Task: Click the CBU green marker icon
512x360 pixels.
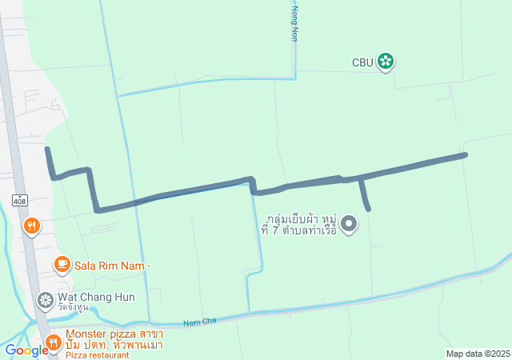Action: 386,62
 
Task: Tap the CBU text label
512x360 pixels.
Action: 362,62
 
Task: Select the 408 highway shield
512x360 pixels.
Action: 20,198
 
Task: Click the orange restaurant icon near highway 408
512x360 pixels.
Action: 32,226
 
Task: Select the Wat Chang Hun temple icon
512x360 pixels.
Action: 46,300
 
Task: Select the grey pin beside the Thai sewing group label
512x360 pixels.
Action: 349,225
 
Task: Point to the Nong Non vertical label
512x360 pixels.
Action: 294,24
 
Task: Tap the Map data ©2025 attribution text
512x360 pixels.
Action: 478,354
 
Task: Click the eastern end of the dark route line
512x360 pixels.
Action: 465,154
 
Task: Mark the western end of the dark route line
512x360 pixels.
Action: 47,149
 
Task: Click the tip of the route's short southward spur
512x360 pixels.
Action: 369,209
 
